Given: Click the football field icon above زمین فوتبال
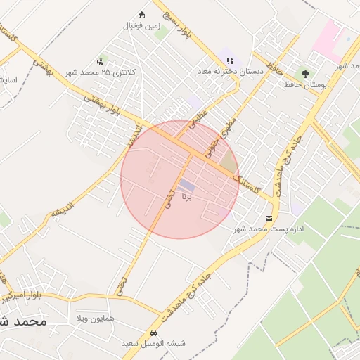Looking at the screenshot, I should point(142,15).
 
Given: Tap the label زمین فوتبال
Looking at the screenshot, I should point(142,26).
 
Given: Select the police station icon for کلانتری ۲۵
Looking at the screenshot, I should point(103,62).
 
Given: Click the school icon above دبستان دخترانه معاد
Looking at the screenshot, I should point(230,60).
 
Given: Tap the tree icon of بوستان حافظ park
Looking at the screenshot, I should point(305,72).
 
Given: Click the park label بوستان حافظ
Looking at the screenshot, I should point(305,84).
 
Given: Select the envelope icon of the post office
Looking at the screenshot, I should point(270,218).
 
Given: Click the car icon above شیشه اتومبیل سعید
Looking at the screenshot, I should point(153,333).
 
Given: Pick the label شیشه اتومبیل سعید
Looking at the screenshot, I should point(153,343).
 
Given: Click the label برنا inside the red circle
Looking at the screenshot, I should point(187,198).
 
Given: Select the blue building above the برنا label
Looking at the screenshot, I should point(187,185).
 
